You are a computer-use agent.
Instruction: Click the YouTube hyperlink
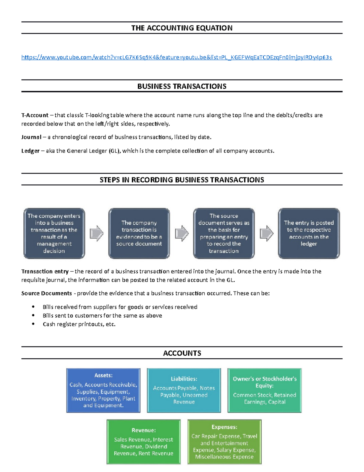(x=177, y=57)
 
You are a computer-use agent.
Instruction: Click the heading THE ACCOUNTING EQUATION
(x=182, y=28)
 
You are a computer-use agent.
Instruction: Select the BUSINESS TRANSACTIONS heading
(x=182, y=86)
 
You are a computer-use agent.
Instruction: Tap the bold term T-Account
(x=35, y=115)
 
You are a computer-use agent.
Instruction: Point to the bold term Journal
(x=31, y=137)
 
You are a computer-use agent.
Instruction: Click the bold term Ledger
(x=30, y=151)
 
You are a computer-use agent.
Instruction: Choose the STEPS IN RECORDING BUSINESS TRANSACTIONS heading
(x=182, y=180)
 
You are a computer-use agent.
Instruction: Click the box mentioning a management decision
(x=54, y=233)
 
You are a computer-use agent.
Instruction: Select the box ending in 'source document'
(x=139, y=233)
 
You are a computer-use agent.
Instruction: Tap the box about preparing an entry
(x=224, y=233)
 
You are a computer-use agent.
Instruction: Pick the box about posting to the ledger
(x=309, y=233)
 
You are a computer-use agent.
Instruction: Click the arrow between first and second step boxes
(x=97, y=233)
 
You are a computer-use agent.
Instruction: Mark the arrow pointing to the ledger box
(x=267, y=233)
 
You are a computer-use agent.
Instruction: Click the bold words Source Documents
(x=46, y=293)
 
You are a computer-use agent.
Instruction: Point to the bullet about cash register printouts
(x=79, y=324)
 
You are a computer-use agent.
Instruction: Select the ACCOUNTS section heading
(x=182, y=353)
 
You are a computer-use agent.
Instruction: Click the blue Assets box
(x=103, y=391)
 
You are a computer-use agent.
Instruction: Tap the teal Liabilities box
(x=184, y=391)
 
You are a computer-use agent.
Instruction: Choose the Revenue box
(x=143, y=442)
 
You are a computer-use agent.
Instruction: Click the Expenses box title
(x=224, y=427)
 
